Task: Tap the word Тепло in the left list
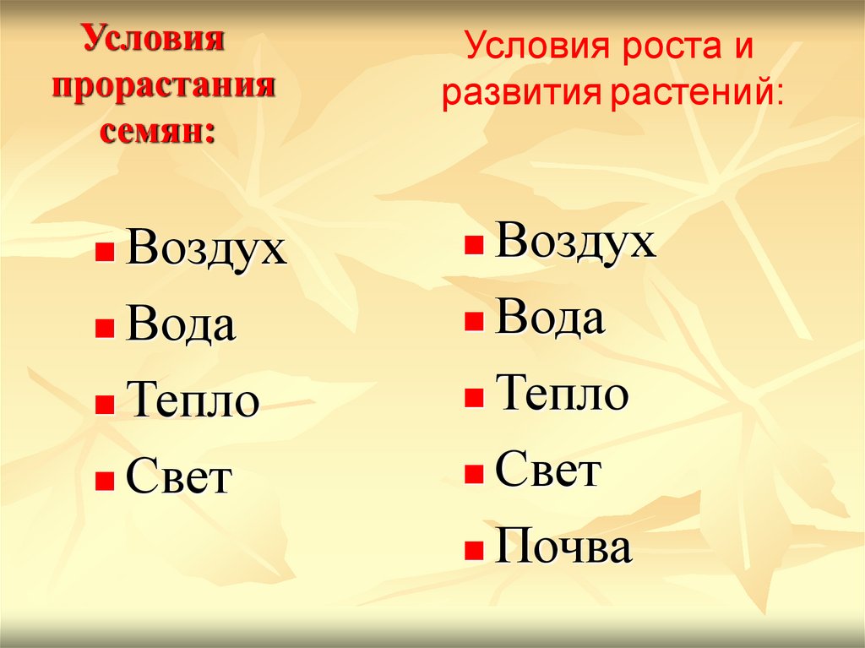tap(192, 401)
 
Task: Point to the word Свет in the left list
tap(178, 478)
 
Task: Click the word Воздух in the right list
tap(575, 242)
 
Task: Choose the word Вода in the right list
tap(549, 319)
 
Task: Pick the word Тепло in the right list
tap(562, 395)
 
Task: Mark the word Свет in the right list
tap(547, 471)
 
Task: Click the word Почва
tap(563, 547)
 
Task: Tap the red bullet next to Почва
tap(474, 552)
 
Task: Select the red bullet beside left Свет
tap(105, 482)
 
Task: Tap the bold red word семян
tap(158, 132)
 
